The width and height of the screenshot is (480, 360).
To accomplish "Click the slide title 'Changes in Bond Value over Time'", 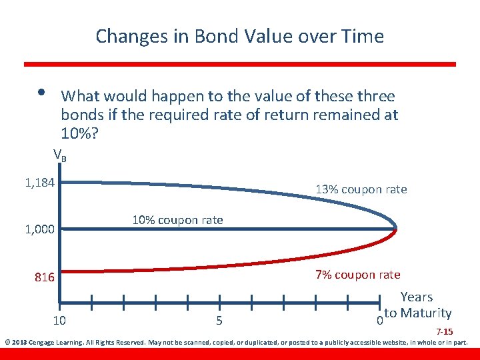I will click(239, 36).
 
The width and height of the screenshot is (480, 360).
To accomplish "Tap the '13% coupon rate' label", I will click(361, 189).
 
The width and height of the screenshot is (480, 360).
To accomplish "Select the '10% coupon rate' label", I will click(177, 220).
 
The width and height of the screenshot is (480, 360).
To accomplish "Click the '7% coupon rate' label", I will click(357, 275).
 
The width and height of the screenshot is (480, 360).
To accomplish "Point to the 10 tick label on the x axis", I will click(59, 321).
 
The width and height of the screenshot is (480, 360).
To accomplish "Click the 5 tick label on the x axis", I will click(219, 321).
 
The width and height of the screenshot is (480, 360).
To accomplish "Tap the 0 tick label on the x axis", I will click(379, 321).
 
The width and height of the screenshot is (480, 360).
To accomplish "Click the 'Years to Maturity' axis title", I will click(417, 305).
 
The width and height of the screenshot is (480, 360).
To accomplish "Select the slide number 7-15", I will click(445, 332).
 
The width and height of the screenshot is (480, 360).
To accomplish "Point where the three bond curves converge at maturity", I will click(397, 229).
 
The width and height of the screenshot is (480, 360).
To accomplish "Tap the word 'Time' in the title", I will click(362, 36).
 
